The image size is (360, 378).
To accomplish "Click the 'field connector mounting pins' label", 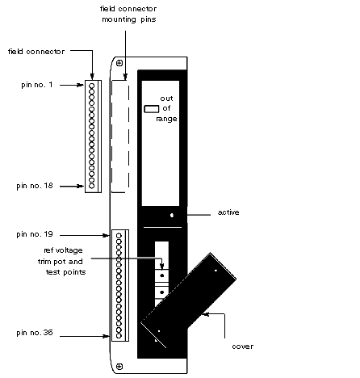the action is tap(128, 14).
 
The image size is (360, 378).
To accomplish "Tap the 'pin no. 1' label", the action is tap(37, 85).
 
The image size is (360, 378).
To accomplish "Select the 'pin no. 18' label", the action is tap(35, 186).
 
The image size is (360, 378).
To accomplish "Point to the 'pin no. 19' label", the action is tap(35, 234).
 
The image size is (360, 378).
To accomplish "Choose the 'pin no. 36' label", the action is tap(35, 333).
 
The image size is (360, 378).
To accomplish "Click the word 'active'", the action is tap(228, 212).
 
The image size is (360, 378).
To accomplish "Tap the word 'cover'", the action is tap(243, 346).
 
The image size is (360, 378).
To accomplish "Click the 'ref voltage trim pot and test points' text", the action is tap(61, 262).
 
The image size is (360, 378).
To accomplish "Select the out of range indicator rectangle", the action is tap(152, 109).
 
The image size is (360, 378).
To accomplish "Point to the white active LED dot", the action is tap(172, 215).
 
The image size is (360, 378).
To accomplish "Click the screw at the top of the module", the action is tap(119, 63).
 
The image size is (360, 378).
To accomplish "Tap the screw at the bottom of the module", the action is tap(119, 367).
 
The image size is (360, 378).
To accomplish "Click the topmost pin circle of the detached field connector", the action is tap(92, 86).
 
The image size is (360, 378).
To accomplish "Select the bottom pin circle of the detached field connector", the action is tap(92, 186).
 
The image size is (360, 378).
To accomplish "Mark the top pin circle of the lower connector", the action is tap(119, 236).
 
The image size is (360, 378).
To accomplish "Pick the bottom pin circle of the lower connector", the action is tap(119, 336).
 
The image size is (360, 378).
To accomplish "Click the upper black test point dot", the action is tap(162, 275).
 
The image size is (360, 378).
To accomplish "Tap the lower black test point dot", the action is tap(162, 292).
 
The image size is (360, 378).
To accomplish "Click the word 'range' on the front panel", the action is tap(166, 119).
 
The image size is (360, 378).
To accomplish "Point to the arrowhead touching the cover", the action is tap(205, 314).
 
